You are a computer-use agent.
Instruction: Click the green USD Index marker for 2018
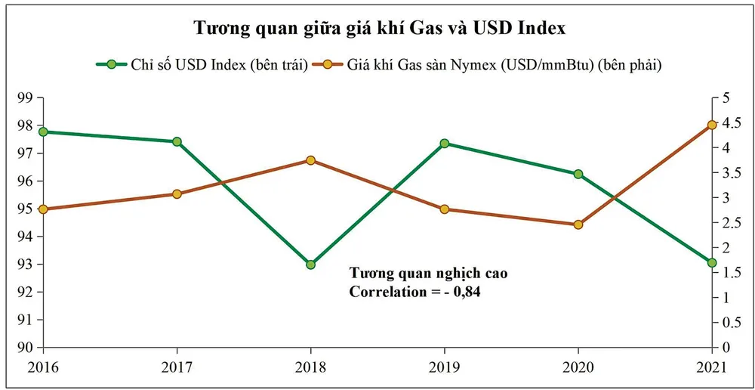point(310,265)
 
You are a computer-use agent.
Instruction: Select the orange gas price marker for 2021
point(712,125)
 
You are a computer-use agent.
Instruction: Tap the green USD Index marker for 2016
point(43,132)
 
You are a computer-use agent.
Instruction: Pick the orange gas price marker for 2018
point(310,160)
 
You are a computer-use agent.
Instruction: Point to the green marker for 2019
point(445,144)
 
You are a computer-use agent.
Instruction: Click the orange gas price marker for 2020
point(578,224)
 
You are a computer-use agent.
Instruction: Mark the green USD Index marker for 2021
point(712,263)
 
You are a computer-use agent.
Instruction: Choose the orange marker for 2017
point(177,194)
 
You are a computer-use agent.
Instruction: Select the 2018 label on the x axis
point(310,368)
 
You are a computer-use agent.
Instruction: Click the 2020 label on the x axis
point(578,368)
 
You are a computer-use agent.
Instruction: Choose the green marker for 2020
point(578,174)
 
